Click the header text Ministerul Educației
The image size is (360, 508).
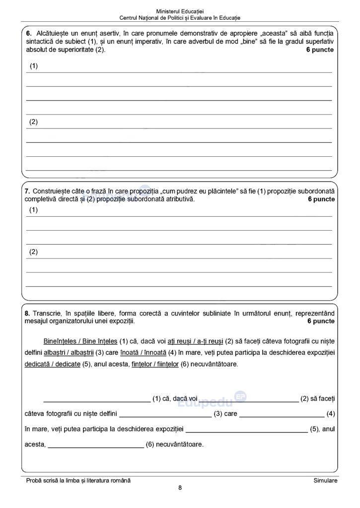coord(179,10)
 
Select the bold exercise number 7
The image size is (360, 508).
coord(27,191)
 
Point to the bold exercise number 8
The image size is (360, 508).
coord(27,314)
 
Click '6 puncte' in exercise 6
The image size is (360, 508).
coord(320,50)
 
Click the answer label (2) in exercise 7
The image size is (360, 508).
coord(33,252)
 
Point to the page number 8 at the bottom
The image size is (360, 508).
coord(180,488)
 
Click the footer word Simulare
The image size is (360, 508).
coord(325,481)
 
